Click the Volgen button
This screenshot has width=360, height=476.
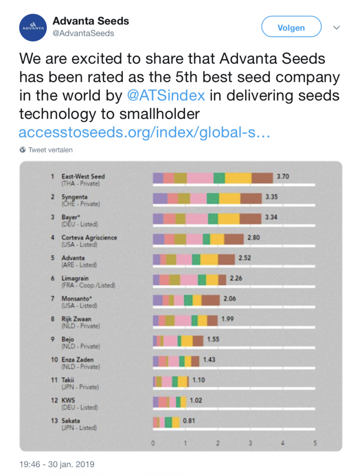291,27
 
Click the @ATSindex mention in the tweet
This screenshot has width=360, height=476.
166,95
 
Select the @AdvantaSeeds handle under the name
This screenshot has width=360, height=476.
83,33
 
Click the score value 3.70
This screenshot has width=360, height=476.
283,177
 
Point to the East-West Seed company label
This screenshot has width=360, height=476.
83,177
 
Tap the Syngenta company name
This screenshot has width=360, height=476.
74,197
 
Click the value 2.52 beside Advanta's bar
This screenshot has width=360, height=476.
245,258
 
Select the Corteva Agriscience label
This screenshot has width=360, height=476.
89,238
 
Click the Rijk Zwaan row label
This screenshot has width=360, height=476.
76,319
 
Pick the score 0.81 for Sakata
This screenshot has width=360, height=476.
189,421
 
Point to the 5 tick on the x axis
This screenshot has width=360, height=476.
315,443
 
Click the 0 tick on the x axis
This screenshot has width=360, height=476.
153,443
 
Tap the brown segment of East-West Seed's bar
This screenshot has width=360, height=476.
262,178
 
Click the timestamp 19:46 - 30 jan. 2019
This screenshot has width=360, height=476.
57,464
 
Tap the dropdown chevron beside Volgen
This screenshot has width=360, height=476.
337,27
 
